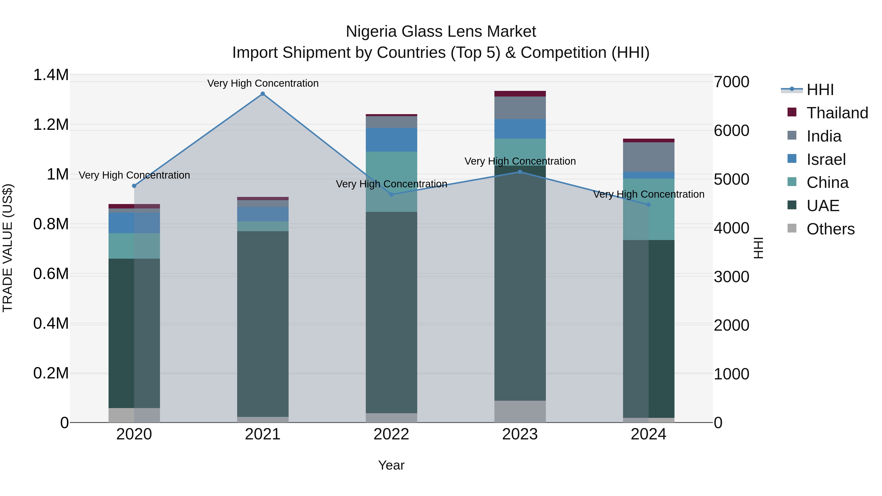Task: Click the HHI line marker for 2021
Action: click(263, 94)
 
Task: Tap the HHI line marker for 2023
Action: click(520, 172)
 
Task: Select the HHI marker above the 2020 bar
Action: click(134, 186)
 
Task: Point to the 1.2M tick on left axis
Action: click(51, 125)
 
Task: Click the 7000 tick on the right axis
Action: click(731, 82)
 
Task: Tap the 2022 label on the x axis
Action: click(391, 434)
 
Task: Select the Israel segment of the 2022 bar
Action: click(391, 140)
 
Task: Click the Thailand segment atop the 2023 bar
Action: click(520, 94)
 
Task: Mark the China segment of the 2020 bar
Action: click(134, 246)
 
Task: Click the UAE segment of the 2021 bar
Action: click(263, 324)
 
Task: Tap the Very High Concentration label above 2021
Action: click(263, 83)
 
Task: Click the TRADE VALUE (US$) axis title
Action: click(8, 248)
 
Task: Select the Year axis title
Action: click(391, 465)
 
